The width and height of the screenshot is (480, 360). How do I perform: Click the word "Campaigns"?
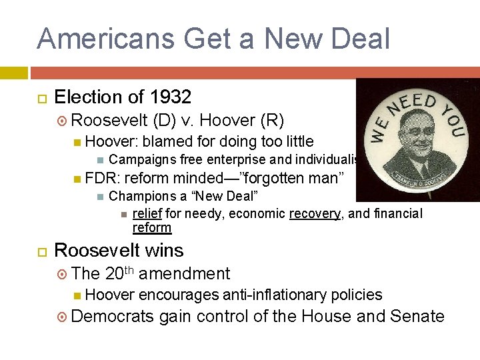[x=139, y=160]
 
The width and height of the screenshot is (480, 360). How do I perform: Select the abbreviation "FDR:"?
[x=102, y=178]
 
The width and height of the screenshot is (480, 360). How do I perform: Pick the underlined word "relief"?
[x=148, y=214]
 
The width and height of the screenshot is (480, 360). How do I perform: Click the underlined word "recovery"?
[x=313, y=214]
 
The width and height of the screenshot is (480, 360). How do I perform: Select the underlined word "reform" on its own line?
[x=152, y=228]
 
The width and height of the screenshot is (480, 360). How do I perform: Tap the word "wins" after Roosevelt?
[x=164, y=251]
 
